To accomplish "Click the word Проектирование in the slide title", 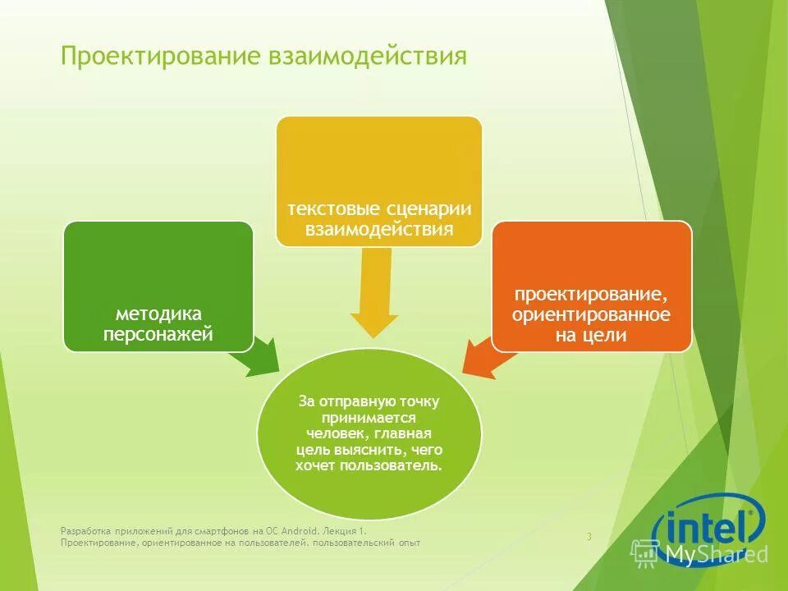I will (162, 57).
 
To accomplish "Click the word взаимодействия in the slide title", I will (368, 57).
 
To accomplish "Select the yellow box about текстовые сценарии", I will (378, 181).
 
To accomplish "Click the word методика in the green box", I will (158, 314).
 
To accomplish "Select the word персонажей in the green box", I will (158, 333).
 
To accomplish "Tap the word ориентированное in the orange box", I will (591, 315).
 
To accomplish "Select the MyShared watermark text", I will (716, 555).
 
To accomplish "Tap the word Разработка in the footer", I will (83, 531).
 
